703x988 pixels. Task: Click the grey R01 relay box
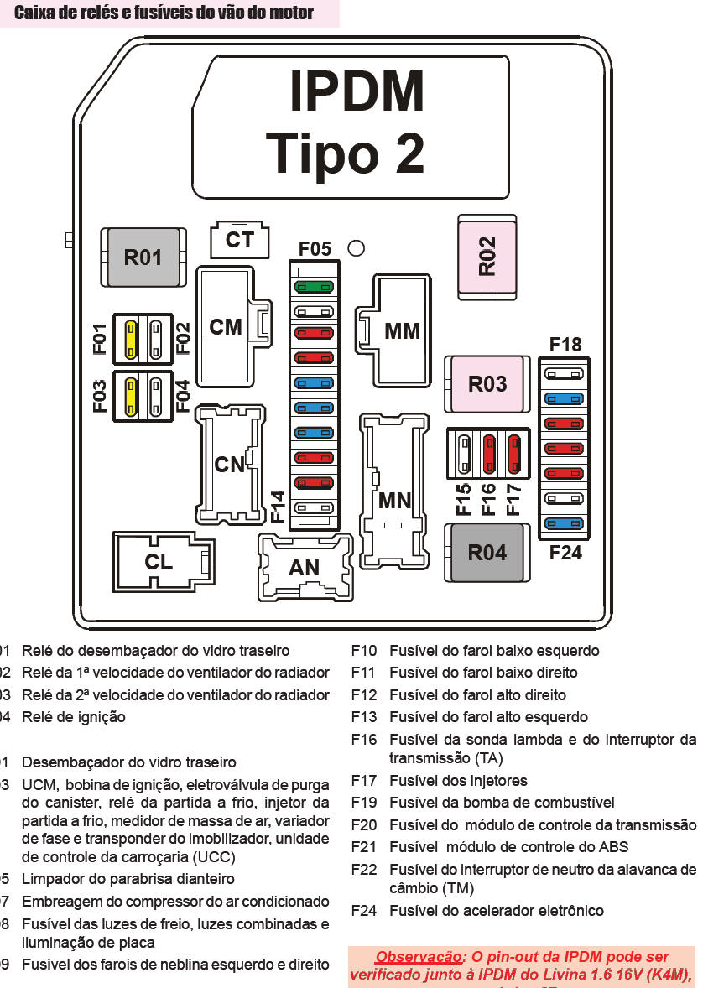[142, 256]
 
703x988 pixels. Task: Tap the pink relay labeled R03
[487, 384]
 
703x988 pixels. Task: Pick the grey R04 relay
[487, 553]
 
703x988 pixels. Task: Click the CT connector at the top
[240, 240]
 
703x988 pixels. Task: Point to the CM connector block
[226, 326]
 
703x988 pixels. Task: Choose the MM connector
[401, 330]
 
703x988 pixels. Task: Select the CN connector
[229, 464]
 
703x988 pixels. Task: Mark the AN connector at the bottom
[305, 568]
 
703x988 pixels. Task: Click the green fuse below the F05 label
[314, 287]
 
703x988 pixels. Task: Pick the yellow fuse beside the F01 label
[131, 339]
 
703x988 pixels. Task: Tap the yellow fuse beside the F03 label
[131, 396]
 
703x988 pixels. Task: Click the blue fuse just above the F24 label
[564, 523]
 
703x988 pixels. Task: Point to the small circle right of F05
[356, 248]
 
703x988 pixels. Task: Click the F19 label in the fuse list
[364, 803]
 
